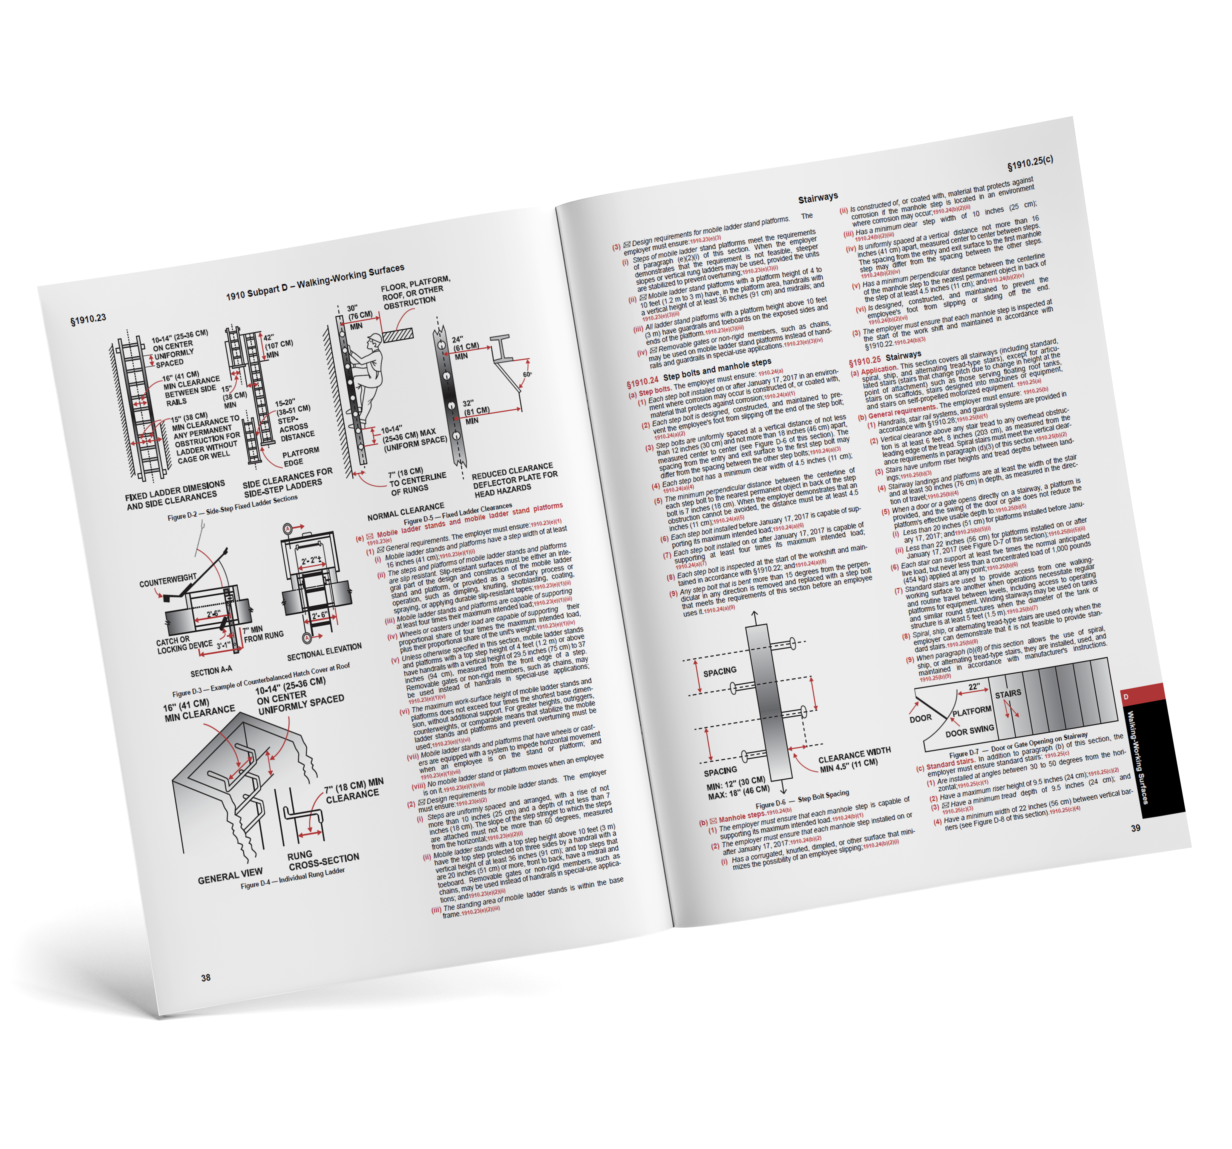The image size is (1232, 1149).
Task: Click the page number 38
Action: pos(206,977)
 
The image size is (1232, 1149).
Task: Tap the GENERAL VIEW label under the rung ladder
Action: pos(230,875)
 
